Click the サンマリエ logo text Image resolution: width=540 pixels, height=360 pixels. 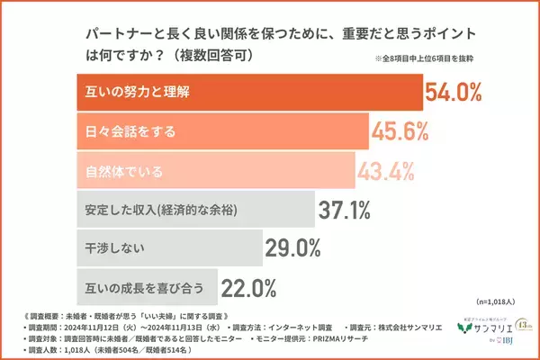point(473,329)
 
